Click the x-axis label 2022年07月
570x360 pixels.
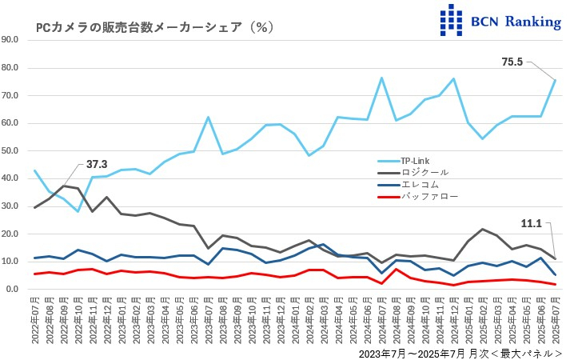pos(34,320)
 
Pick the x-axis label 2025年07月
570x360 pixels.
pos(555,320)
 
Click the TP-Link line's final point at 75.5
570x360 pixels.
pos(555,80)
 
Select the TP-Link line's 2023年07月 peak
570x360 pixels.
pos(208,117)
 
